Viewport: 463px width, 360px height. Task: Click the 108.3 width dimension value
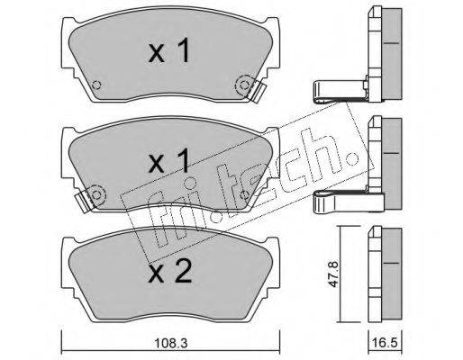click(x=170, y=343)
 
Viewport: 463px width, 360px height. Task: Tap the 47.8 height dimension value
click(x=333, y=274)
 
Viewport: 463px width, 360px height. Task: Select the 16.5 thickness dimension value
click(x=385, y=343)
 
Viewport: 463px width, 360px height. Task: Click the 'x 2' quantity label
click(x=170, y=272)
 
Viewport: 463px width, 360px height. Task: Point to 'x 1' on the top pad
click(x=169, y=50)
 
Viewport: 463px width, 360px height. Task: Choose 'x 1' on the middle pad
click(x=169, y=160)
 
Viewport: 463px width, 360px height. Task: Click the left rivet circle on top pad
click(x=96, y=85)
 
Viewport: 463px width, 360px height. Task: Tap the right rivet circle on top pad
click(x=245, y=86)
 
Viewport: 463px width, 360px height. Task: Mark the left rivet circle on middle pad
click(x=96, y=195)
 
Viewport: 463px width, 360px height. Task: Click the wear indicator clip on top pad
click(x=257, y=91)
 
